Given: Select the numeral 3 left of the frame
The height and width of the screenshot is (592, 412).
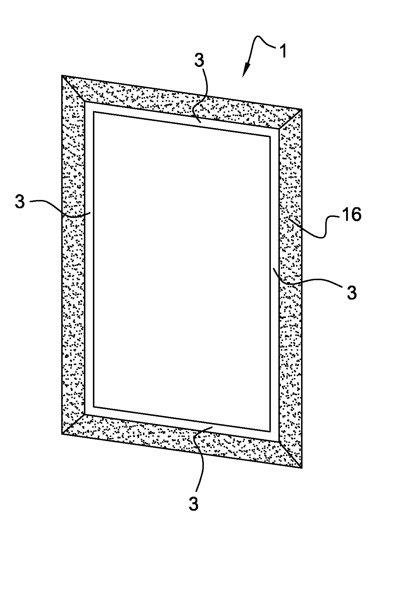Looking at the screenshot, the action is click(x=20, y=202).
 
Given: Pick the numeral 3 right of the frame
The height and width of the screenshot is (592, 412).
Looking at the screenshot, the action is click(x=351, y=292).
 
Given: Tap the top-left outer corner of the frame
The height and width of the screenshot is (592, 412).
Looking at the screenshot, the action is click(x=62, y=75).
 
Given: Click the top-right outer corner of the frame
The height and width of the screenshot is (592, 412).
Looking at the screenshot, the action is click(x=302, y=109).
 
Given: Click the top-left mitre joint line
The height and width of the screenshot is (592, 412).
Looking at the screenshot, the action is click(x=73, y=88).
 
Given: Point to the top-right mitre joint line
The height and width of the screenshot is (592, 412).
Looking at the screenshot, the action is click(x=290, y=119).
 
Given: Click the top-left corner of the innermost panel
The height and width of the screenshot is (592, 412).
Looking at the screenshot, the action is click(x=94, y=112).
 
